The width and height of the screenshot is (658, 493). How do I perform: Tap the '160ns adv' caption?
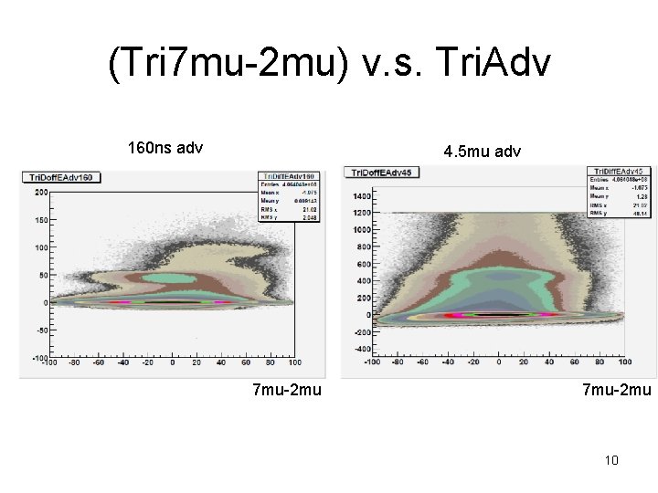click(x=164, y=147)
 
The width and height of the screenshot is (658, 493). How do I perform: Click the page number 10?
click(x=611, y=459)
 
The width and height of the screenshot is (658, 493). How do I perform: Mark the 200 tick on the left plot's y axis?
click(x=39, y=193)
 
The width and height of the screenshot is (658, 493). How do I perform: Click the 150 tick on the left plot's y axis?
click(x=39, y=220)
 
